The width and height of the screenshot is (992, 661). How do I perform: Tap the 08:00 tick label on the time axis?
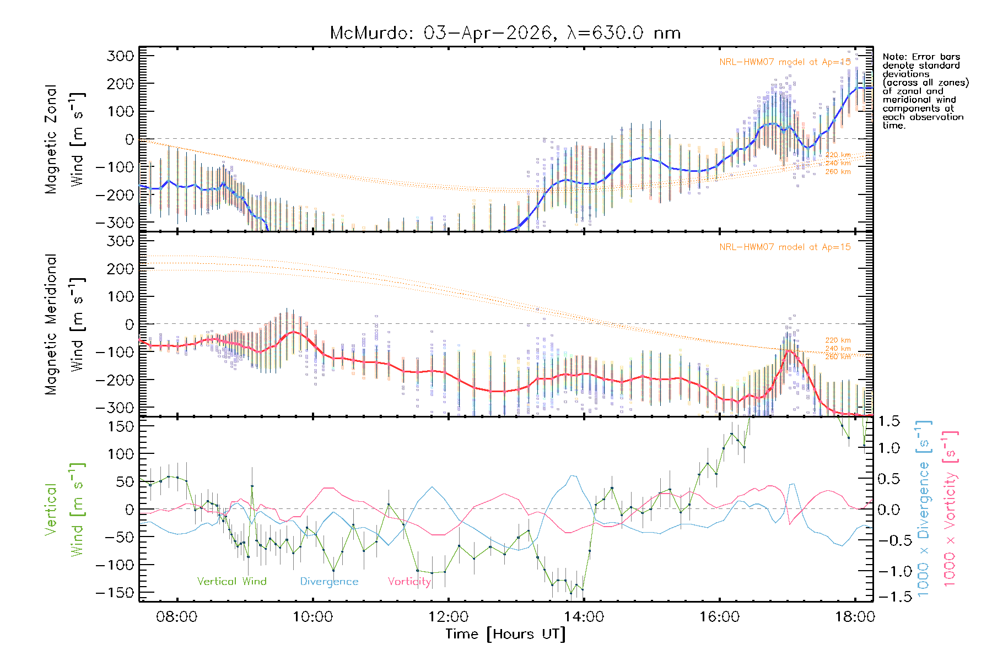click(x=176, y=616)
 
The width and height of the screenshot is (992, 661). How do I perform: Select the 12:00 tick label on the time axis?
click(x=448, y=616)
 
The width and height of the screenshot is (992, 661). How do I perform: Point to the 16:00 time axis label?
click(x=719, y=616)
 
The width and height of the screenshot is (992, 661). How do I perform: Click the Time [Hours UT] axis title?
click(x=505, y=634)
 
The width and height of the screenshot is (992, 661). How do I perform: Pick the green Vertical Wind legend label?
click(x=231, y=581)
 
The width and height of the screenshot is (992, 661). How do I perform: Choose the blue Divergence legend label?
click(x=329, y=582)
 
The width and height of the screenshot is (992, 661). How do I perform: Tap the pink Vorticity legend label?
click(x=409, y=581)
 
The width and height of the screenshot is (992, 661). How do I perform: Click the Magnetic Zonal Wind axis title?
click(x=64, y=139)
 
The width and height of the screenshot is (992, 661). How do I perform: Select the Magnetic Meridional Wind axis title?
click(x=64, y=324)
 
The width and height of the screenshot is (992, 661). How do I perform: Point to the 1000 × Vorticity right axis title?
click(x=951, y=508)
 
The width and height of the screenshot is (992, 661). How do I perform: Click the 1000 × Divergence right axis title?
click(x=924, y=508)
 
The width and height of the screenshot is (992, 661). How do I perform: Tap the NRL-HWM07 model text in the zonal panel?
click(x=785, y=62)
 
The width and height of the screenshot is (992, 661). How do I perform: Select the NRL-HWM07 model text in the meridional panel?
click(x=785, y=247)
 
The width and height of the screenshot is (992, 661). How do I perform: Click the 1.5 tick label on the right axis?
click(x=888, y=421)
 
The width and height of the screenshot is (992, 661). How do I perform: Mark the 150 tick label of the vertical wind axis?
click(x=121, y=426)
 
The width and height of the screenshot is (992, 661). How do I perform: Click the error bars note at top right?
click(x=925, y=91)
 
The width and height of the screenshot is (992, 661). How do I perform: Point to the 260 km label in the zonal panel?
click(x=838, y=172)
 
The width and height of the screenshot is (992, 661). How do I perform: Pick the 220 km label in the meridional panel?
click(x=838, y=340)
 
